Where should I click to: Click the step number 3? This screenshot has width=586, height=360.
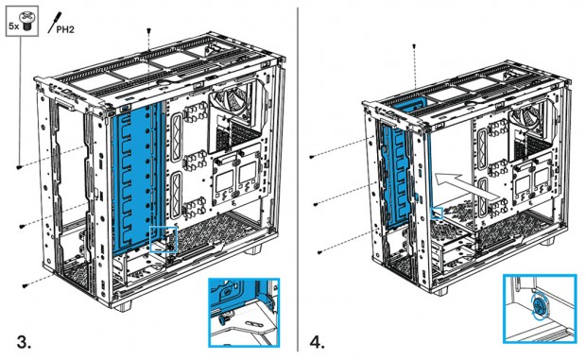tap(24, 342)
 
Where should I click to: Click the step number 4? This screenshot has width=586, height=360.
tap(318, 342)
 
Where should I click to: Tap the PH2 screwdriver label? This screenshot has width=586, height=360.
tap(65, 29)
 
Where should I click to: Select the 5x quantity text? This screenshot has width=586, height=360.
tap(14, 26)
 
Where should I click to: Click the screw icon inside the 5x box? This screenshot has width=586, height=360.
tap(26, 21)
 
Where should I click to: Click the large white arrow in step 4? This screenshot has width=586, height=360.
tap(466, 187)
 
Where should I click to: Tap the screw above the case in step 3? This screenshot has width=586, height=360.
tap(149, 30)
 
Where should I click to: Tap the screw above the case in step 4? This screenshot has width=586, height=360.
tap(414, 46)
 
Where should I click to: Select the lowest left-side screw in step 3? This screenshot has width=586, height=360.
tap(26, 285)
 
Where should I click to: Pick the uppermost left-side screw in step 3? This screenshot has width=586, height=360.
tap(20, 167)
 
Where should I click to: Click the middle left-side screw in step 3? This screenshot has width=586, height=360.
tap(22, 226)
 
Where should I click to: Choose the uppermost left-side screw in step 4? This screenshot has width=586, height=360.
tap(312, 157)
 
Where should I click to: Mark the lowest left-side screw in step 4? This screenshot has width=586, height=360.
tap(319, 252)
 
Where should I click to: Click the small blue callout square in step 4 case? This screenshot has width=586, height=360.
tap(438, 214)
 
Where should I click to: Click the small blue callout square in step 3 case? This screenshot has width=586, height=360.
tap(164, 239)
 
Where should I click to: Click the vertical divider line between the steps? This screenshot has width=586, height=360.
tap(298, 180)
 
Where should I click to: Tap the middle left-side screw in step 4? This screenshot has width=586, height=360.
tap(316, 204)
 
